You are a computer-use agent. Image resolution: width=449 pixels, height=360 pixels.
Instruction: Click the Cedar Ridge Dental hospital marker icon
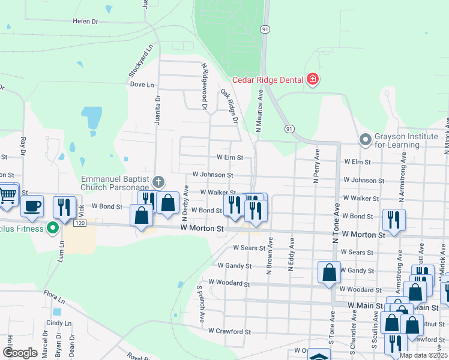coord(312,79)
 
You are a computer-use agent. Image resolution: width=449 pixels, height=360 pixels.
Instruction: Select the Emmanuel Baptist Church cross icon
coord(158,181)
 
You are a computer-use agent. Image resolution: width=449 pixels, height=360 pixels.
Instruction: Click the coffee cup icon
coord(32,206)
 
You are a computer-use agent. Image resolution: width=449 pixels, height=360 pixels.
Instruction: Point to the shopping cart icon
coord(8,194)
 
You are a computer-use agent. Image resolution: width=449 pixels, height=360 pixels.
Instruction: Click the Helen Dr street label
coord(85,21)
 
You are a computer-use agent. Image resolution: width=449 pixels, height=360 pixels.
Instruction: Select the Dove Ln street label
coord(142,85)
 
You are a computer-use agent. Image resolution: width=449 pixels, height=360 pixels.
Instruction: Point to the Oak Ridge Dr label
coord(229,106)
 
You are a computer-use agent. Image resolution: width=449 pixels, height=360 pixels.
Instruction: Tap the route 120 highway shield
coord(79,223)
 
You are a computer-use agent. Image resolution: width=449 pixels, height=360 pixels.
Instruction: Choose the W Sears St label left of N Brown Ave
coord(249,247)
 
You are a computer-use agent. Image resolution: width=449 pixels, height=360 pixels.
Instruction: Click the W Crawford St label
coord(229,331)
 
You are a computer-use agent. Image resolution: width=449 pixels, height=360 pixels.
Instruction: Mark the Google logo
coord(20,353)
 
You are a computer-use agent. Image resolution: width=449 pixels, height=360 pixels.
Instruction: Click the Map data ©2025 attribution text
coord(423,355)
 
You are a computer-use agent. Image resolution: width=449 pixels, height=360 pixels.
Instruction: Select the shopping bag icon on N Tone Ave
coord(329,272)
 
